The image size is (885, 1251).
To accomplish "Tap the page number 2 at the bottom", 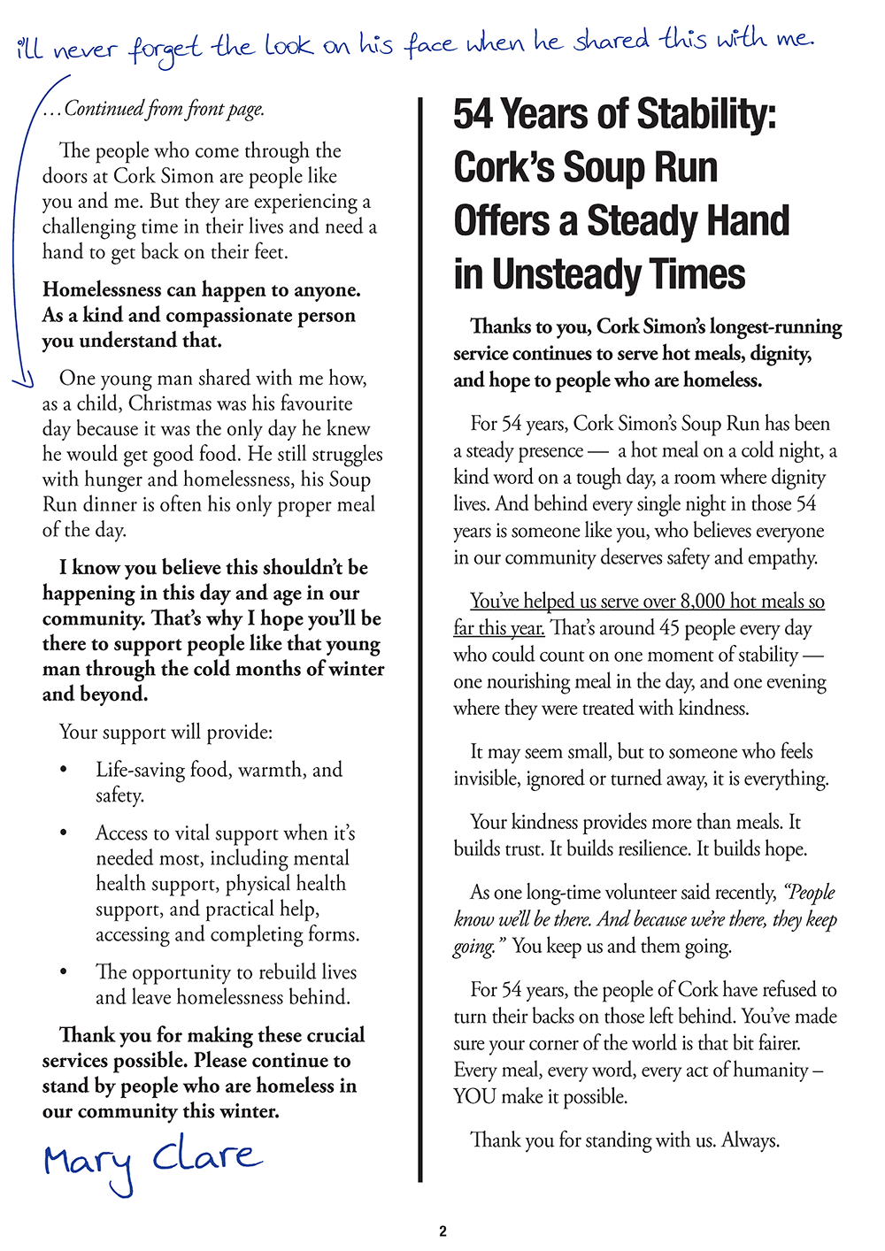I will [x=442, y=1231].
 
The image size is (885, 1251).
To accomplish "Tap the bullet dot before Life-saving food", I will [x=63, y=771].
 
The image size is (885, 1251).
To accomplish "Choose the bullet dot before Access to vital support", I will [x=63, y=833].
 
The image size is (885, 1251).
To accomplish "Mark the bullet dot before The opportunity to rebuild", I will [x=63, y=972].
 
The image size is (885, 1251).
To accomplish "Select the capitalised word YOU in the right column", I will [x=475, y=1097].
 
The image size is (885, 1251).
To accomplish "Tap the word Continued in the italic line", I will [x=104, y=109].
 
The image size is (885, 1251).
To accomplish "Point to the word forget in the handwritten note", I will [x=165, y=48].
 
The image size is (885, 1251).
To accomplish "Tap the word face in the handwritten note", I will [x=433, y=43].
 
